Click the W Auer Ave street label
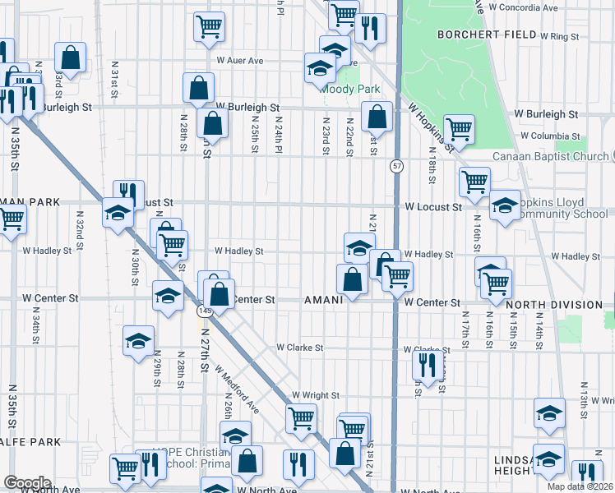239,61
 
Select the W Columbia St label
551,136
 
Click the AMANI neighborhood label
323,300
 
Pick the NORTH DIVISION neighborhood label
554,304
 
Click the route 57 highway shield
396,166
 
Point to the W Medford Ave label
238,390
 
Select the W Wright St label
315,395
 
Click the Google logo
26,482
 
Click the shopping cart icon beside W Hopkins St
459,127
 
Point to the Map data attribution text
580,486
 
